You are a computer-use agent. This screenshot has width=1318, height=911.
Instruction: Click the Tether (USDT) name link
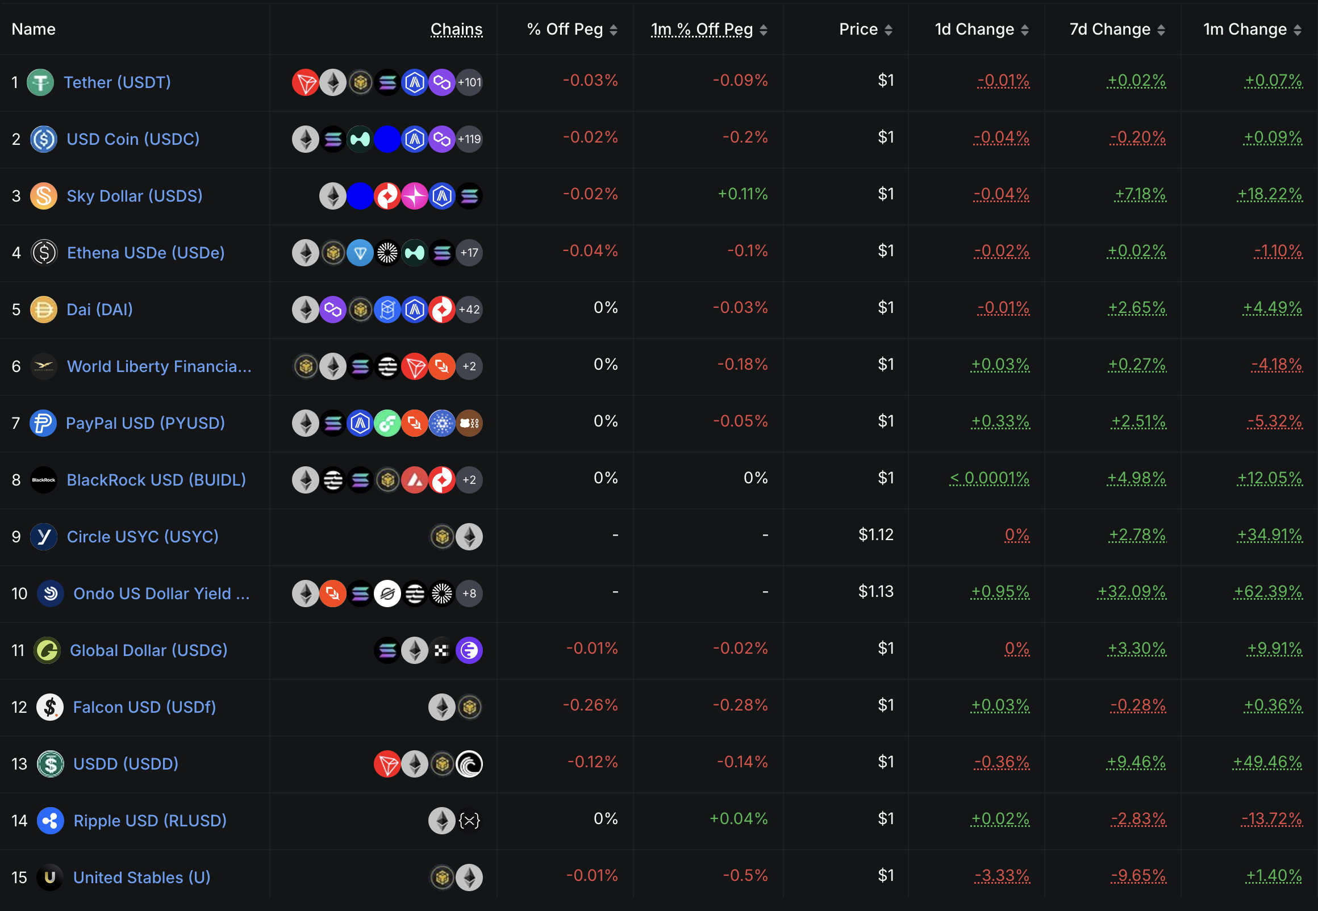pyautogui.click(x=117, y=82)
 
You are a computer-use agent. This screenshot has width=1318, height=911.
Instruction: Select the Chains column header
pyautogui.click(x=456, y=29)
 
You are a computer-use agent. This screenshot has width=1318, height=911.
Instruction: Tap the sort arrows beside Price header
pyautogui.click(x=888, y=30)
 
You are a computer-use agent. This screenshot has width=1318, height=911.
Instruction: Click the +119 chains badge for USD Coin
pyautogui.click(x=469, y=139)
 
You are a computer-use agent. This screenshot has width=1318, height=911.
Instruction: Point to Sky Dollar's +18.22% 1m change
pyautogui.click(x=1270, y=195)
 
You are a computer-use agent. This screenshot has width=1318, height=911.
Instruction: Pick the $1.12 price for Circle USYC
pyautogui.click(x=875, y=535)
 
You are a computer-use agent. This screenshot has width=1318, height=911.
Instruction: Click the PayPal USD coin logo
pyautogui.click(x=43, y=424)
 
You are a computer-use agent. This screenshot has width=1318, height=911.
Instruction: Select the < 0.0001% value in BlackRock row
pyautogui.click(x=989, y=478)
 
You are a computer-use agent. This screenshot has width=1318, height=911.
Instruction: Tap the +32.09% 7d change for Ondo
pyautogui.click(x=1131, y=592)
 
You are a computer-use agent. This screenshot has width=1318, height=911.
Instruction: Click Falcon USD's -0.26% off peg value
pyautogui.click(x=590, y=705)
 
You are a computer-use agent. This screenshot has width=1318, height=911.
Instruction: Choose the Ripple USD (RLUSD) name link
pyautogui.click(x=149, y=821)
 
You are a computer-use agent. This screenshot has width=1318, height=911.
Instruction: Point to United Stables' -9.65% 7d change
pyautogui.click(x=1138, y=876)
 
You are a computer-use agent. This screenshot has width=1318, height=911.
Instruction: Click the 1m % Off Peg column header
pyautogui.click(x=702, y=29)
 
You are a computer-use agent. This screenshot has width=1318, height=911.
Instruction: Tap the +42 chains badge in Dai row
pyautogui.click(x=469, y=310)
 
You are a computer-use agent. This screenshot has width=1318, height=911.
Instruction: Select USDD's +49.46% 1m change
pyautogui.click(x=1267, y=762)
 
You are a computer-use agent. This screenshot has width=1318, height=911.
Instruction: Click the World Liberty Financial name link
pyautogui.click(x=159, y=366)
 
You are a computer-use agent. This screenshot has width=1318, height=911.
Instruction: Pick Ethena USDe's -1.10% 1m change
pyautogui.click(x=1278, y=251)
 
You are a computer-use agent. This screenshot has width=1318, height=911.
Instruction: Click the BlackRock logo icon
pyautogui.click(x=43, y=480)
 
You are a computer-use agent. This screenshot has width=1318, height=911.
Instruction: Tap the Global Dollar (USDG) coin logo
pyautogui.click(x=47, y=651)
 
